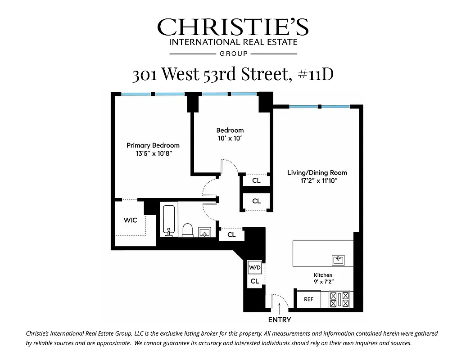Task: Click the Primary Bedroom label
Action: click(x=153, y=145)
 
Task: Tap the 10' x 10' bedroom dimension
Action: click(x=230, y=139)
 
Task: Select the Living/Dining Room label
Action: click(x=317, y=173)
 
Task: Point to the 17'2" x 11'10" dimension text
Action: click(x=317, y=181)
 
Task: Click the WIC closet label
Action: click(x=130, y=220)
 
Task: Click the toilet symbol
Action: click(x=188, y=230)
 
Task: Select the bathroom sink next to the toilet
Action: click(x=205, y=232)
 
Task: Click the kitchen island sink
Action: click(x=338, y=260)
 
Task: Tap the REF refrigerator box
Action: click(x=308, y=299)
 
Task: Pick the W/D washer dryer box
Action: click(x=254, y=268)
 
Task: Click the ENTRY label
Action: click(x=280, y=320)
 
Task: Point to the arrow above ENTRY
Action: click(x=280, y=309)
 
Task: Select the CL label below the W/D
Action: click(x=254, y=281)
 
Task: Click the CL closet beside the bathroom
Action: click(x=231, y=234)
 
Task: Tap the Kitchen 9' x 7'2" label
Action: click(x=323, y=278)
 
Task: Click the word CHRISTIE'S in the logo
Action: click(x=233, y=27)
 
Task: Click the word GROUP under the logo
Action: click(x=233, y=54)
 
